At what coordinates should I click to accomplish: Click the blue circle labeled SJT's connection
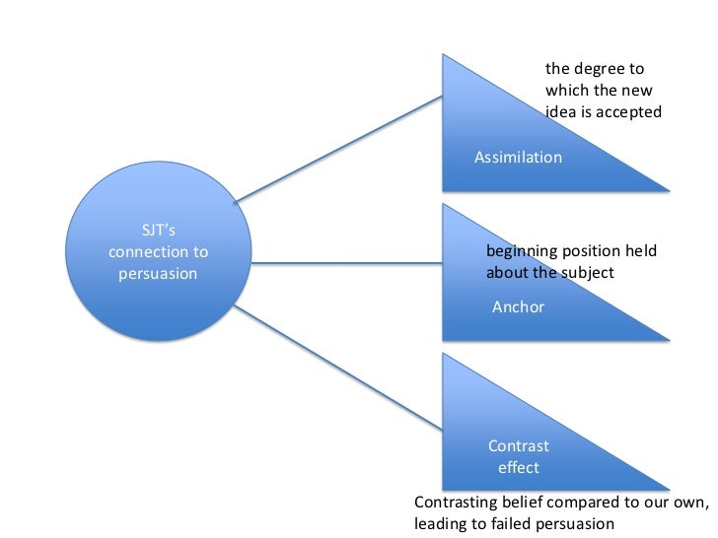tap(158, 262)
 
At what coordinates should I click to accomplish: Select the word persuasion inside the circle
tap(158, 273)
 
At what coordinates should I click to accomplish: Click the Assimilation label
tap(518, 158)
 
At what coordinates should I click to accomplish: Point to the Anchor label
tap(518, 307)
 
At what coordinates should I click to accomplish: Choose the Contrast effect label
tap(518, 456)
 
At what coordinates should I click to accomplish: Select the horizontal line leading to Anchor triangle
tap(350, 263)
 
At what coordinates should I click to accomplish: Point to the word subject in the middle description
tap(588, 272)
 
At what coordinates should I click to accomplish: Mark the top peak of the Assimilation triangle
tap(445, 55)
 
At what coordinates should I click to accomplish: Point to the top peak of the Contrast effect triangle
tap(445, 355)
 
